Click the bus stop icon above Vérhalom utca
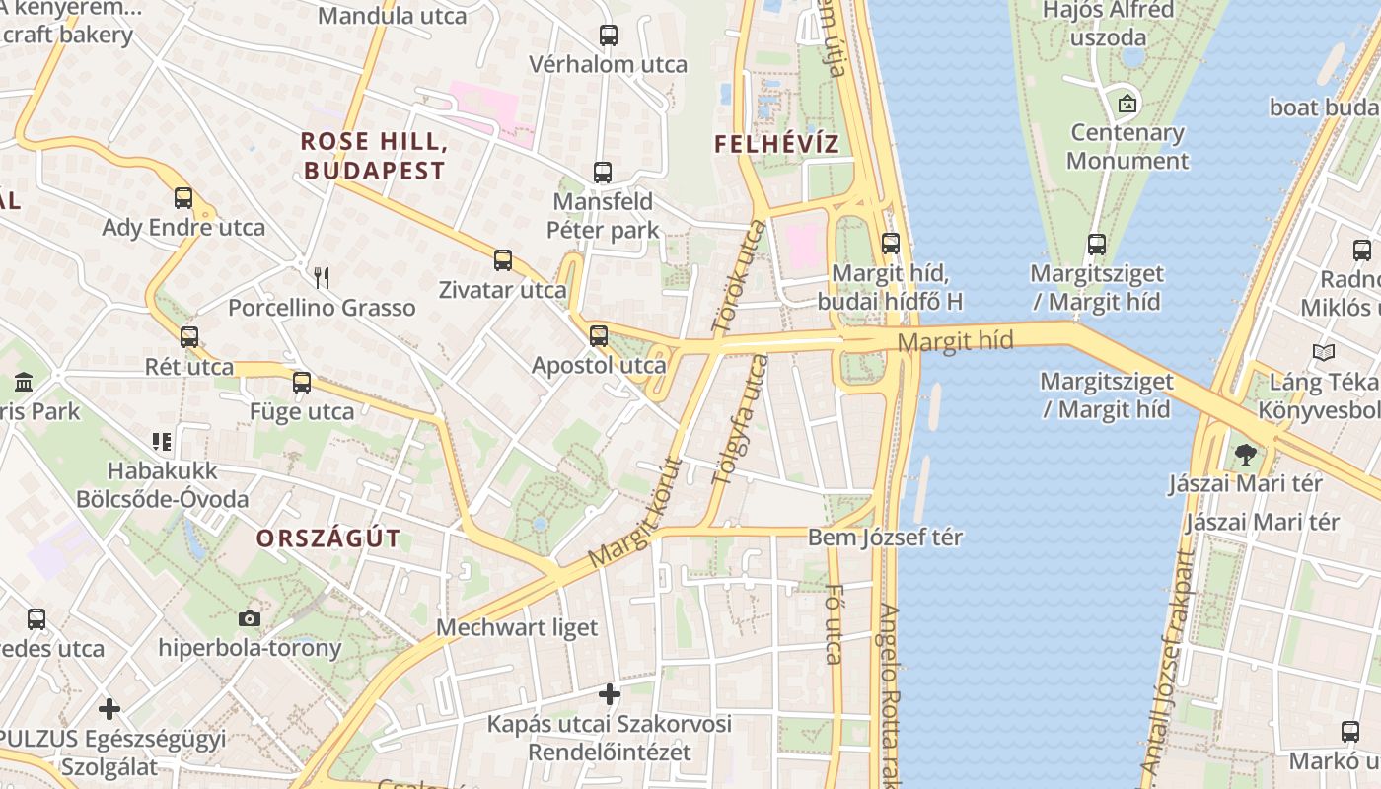click(x=609, y=36)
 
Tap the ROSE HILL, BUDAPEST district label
click(x=374, y=156)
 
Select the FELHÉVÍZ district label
click(x=776, y=144)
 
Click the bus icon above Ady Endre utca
click(x=183, y=197)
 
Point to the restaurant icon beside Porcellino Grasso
click(x=321, y=277)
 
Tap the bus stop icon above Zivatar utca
click(x=503, y=260)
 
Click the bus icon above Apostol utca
click(x=598, y=335)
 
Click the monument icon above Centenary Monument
click(x=1127, y=103)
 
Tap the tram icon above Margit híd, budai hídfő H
click(x=891, y=243)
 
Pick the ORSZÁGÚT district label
click(x=328, y=538)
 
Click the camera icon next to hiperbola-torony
click(x=250, y=618)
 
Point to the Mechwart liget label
click(x=517, y=627)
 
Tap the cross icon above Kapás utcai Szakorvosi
click(x=610, y=694)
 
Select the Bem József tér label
click(x=885, y=538)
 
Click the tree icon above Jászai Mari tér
click(x=1245, y=455)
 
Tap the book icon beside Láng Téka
click(x=1323, y=352)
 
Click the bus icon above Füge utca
click(x=302, y=382)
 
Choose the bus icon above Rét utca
click(x=189, y=337)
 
